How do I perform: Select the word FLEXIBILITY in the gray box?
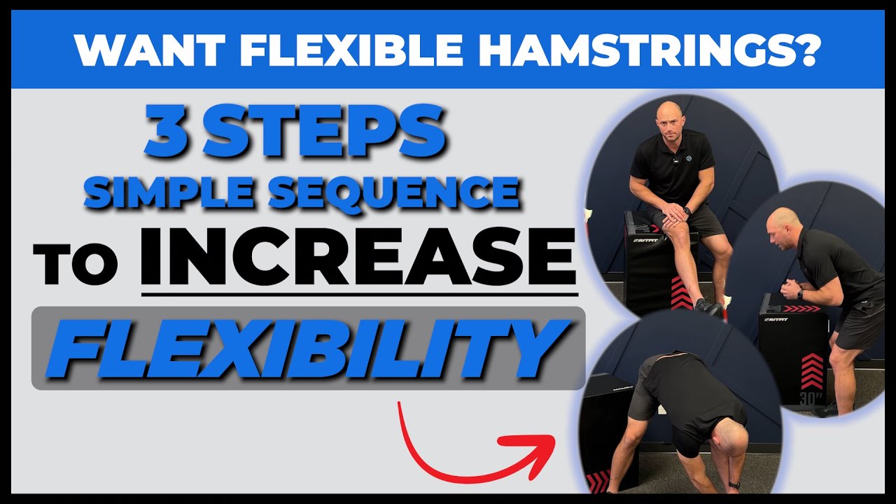(308, 348)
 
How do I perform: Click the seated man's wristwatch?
(687, 210)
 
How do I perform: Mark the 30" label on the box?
(810, 398)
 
